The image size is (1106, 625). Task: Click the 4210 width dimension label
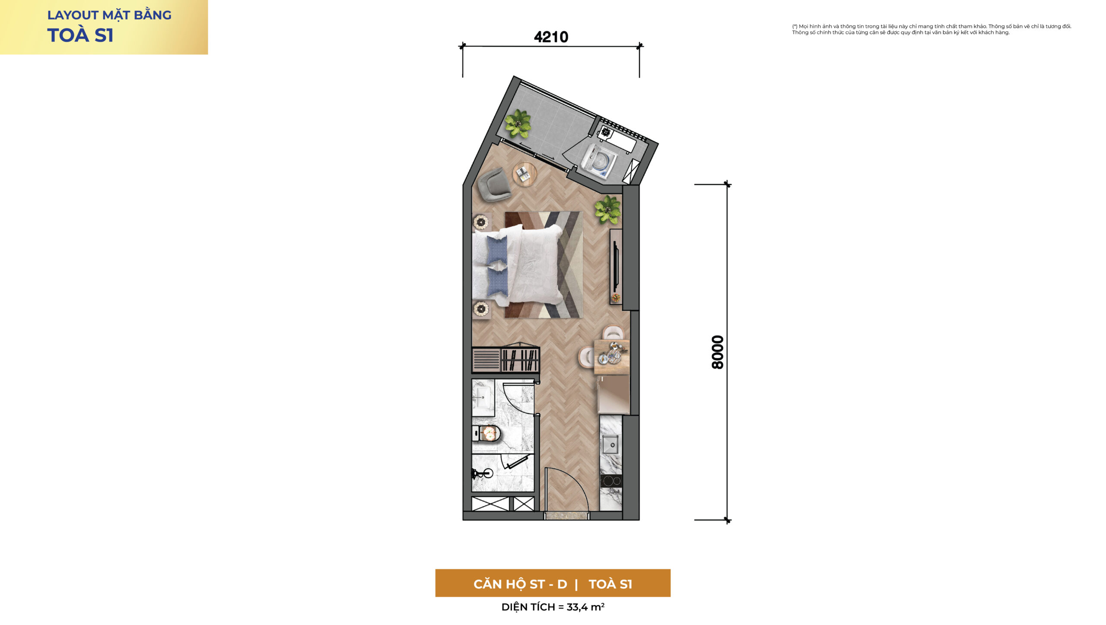click(551, 37)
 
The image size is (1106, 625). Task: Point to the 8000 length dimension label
click(718, 352)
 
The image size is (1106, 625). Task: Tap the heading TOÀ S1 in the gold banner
click(80, 35)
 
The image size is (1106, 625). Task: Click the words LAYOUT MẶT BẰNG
click(109, 15)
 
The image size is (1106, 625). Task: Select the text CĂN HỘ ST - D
click(520, 584)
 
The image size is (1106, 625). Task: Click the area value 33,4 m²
click(585, 607)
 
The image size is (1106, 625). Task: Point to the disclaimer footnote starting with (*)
click(931, 29)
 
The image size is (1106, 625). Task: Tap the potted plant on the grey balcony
click(518, 124)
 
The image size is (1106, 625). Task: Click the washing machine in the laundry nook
click(599, 161)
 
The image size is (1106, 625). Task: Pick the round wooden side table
click(524, 174)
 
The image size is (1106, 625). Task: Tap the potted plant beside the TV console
click(607, 210)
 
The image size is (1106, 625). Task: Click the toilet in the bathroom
click(486, 434)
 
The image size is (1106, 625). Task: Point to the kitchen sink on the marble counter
click(610, 444)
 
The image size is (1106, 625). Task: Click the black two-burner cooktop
click(611, 481)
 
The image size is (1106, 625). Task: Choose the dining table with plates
click(611, 357)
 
